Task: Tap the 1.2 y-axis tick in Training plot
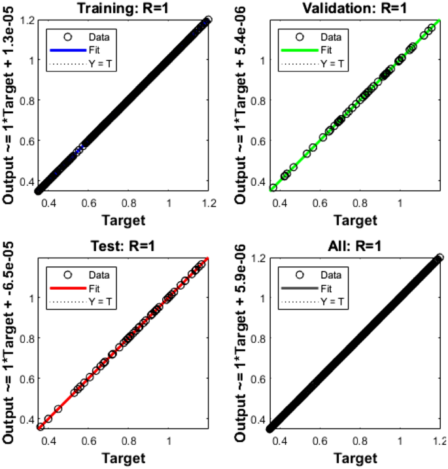tap(26, 20)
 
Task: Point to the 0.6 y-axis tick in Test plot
tap(26, 379)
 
